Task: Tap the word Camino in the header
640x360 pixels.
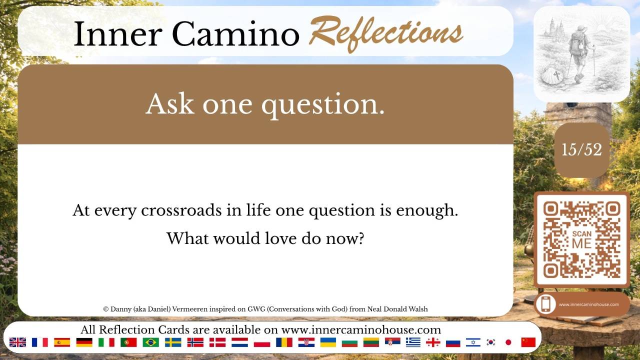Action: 235,33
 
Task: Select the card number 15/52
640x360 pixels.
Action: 581,149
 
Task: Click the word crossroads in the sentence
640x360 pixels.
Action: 181,210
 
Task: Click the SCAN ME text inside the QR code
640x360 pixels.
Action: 581,239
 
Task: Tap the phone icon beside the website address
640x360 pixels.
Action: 545,304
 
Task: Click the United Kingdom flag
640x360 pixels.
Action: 17,342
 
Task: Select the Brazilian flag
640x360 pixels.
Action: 150,342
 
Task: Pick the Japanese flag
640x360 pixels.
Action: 508,342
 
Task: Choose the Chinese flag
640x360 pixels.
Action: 528,342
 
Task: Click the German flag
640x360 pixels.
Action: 84,342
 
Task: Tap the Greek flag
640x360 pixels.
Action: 413,342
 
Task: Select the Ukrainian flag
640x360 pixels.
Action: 328,342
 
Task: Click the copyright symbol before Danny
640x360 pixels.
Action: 106,309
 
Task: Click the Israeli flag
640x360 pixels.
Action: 473,342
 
